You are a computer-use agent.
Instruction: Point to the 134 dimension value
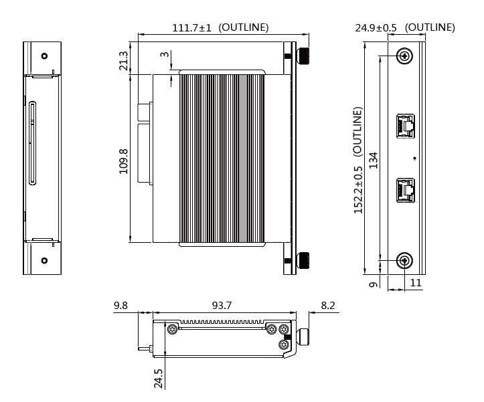coord(374,161)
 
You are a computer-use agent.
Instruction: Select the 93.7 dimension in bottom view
coord(222,306)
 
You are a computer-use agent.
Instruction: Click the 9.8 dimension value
coord(121,306)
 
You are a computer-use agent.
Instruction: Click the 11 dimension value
coord(415,283)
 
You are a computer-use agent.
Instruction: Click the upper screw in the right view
coord(404,56)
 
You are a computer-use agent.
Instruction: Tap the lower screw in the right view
coord(404,260)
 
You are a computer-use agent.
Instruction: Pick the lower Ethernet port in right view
coord(405,190)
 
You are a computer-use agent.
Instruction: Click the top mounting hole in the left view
coord(44,56)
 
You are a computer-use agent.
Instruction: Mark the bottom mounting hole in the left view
coord(44,260)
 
